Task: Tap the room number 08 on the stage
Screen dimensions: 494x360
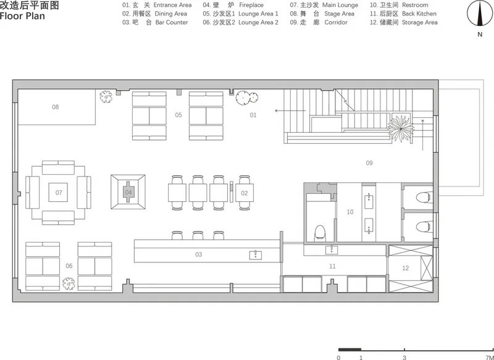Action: (x=56, y=107)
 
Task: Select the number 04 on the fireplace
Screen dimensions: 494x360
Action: (x=128, y=192)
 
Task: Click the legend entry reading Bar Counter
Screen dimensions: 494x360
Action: (x=172, y=22)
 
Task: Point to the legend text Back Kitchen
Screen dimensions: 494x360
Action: (x=419, y=14)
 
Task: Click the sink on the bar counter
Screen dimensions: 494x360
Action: (x=256, y=255)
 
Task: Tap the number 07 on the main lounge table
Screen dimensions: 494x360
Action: (x=59, y=193)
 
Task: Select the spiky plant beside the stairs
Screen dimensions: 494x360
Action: (x=401, y=128)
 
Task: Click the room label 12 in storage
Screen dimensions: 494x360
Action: (x=406, y=268)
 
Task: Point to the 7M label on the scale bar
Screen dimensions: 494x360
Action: (x=489, y=358)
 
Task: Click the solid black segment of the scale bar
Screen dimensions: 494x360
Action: (x=350, y=350)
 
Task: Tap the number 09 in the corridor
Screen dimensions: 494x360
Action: (x=369, y=163)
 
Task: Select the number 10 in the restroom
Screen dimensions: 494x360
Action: (x=350, y=212)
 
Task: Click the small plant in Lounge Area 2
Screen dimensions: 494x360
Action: (x=69, y=283)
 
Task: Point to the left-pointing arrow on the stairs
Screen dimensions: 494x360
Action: (x=290, y=111)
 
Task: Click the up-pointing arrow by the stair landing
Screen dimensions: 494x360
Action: (x=422, y=135)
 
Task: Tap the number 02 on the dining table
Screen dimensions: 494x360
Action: (x=245, y=193)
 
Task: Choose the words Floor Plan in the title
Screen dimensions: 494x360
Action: (x=22, y=16)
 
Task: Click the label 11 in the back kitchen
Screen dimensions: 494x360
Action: (x=332, y=267)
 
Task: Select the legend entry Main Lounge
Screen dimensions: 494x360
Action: (x=340, y=5)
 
